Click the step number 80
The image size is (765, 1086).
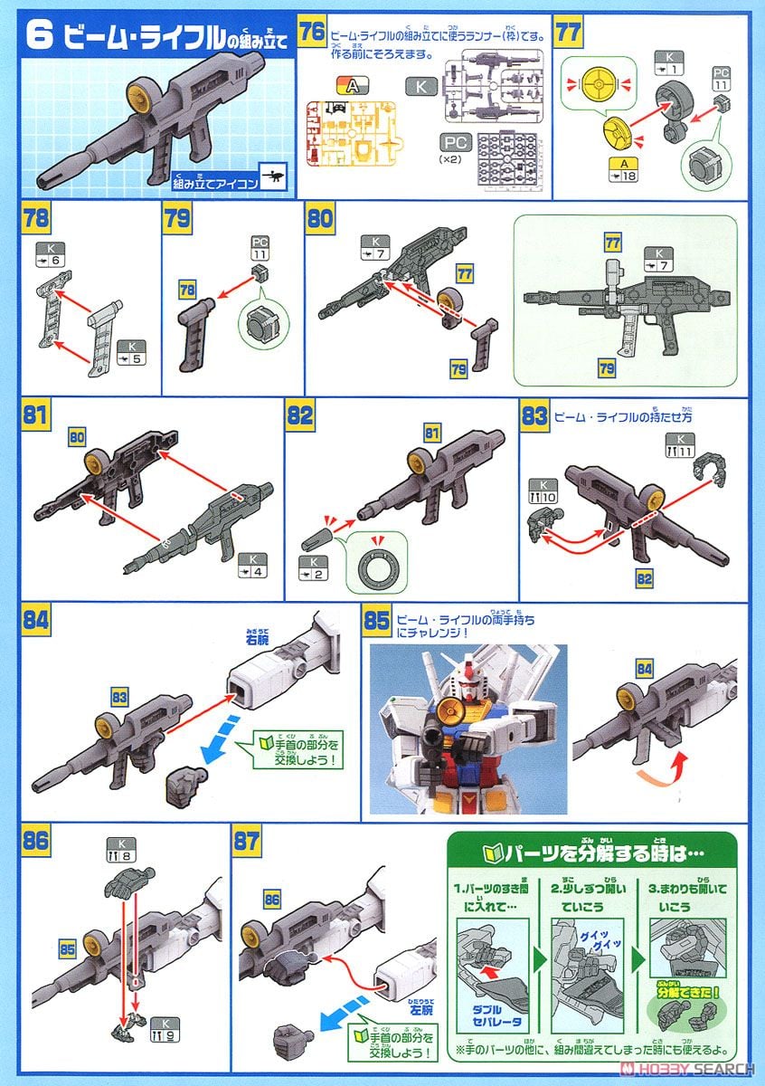pyautogui.click(x=320, y=219)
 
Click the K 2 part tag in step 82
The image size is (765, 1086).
pyautogui.click(x=311, y=567)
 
